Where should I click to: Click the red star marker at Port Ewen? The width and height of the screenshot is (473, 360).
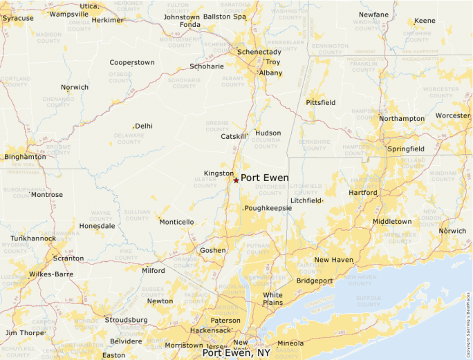(x=236, y=180)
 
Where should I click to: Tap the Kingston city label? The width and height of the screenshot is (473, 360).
(x=219, y=173)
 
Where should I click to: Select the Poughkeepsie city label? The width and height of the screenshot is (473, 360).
(x=268, y=207)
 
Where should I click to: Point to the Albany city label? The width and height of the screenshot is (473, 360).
(x=270, y=73)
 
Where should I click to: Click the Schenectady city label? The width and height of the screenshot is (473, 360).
(x=259, y=52)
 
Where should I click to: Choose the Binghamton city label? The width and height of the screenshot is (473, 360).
(x=25, y=157)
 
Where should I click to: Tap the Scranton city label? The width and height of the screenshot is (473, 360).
(x=68, y=258)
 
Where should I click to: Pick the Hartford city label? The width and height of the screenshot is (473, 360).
(x=364, y=193)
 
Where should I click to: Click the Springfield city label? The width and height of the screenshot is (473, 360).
(x=406, y=149)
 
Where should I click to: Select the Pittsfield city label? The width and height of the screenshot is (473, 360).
(x=321, y=102)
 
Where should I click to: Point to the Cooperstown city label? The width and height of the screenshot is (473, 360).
(x=132, y=62)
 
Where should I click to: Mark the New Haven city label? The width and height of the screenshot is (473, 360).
(x=334, y=260)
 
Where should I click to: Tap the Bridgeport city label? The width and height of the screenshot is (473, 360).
(x=315, y=281)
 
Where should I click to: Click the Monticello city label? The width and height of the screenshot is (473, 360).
(x=176, y=222)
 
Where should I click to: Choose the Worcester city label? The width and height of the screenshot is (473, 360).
(x=453, y=115)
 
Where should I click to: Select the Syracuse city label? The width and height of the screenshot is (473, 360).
(x=18, y=18)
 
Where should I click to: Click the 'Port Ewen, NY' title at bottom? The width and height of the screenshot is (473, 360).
(x=236, y=353)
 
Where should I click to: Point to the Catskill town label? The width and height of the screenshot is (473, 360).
(x=234, y=136)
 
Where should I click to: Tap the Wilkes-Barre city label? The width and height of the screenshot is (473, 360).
(x=52, y=274)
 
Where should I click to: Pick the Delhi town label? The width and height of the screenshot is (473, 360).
(x=144, y=126)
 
